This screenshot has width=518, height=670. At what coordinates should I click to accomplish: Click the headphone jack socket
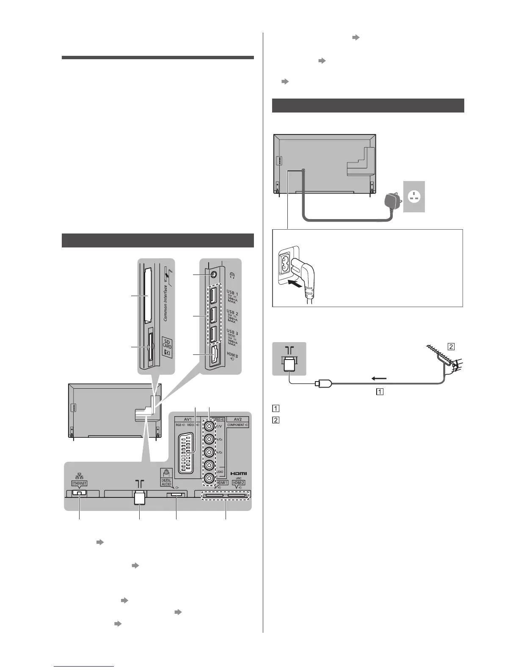coord(214,273)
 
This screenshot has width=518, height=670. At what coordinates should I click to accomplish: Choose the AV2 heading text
coord(238,419)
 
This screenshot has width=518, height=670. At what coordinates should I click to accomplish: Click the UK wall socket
coord(414,196)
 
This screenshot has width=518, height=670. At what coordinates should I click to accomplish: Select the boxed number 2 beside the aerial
coord(451,346)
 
